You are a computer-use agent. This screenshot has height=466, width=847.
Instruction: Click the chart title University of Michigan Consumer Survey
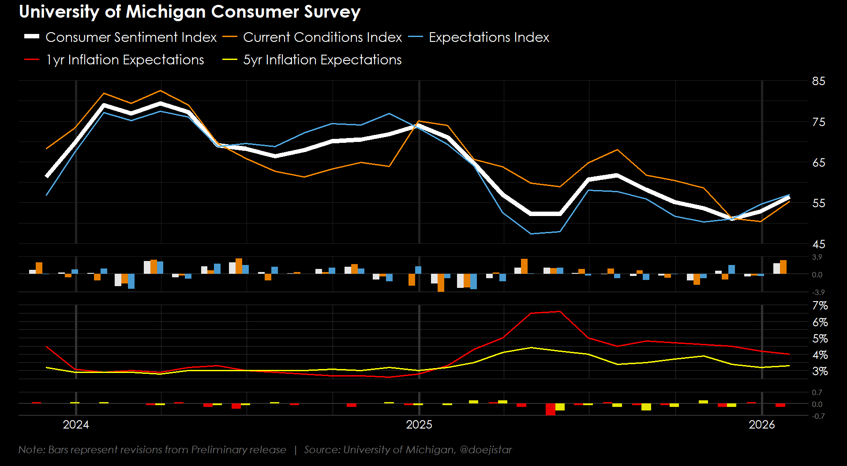click(x=190, y=12)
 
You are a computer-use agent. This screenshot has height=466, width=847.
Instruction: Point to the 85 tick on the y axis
click(x=818, y=81)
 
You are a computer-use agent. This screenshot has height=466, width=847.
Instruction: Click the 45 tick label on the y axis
click(x=818, y=244)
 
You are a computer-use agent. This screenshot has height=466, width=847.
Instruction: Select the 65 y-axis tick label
click(x=818, y=163)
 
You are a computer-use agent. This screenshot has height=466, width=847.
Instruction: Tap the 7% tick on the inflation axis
click(x=820, y=306)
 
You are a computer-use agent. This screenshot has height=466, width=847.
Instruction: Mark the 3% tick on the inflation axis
click(x=820, y=371)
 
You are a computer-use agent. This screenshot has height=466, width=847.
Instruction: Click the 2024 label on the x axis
click(x=76, y=425)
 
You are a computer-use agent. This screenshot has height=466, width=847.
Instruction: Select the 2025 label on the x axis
click(x=419, y=425)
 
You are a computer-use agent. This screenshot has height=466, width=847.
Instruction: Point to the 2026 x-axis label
click(x=762, y=425)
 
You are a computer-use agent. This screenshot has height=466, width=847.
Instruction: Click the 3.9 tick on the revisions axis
click(x=817, y=257)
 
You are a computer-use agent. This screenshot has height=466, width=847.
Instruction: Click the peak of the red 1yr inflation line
click(x=560, y=312)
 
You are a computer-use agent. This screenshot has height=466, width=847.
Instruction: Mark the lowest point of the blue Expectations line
click(x=532, y=234)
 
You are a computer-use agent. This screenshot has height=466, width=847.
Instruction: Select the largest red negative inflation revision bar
click(x=550, y=409)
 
